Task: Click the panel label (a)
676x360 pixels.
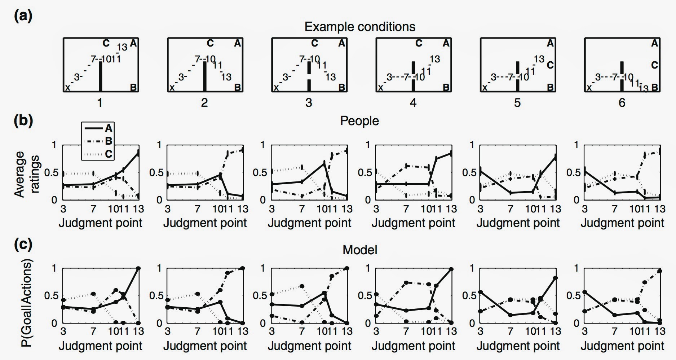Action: [23, 16]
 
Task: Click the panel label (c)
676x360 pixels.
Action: [23, 245]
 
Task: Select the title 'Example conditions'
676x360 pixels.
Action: [359, 27]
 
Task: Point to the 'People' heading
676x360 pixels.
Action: [359, 121]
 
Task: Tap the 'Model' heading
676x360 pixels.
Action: [359, 250]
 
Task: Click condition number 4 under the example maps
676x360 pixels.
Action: [413, 103]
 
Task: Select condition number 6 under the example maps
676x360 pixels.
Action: [622, 103]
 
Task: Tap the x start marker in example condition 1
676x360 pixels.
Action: [67, 88]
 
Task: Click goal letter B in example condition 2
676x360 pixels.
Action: [238, 87]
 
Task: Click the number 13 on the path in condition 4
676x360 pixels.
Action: [435, 59]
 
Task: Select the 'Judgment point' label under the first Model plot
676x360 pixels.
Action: [100, 346]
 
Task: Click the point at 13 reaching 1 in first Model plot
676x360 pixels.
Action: [138, 268]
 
